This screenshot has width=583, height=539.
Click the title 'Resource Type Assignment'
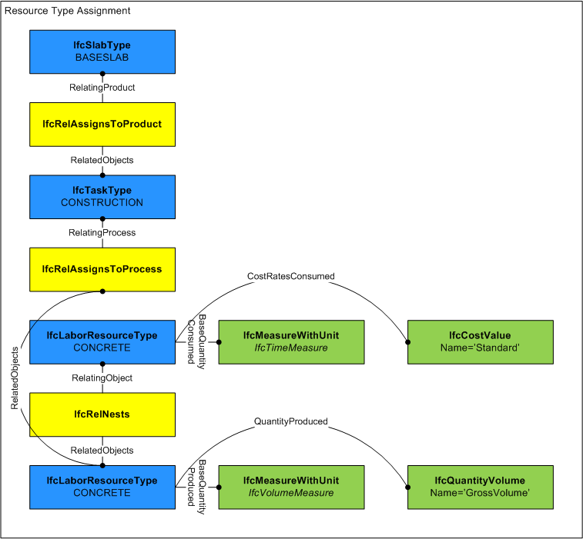click(x=68, y=12)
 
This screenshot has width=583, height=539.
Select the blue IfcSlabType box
click(x=102, y=52)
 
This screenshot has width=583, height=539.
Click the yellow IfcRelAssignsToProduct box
click(x=102, y=124)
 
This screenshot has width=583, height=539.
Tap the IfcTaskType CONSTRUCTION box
click(x=102, y=197)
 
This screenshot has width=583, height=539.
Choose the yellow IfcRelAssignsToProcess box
click(x=102, y=269)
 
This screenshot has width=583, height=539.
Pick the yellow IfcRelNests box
click(x=102, y=414)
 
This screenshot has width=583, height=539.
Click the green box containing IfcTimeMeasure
click(x=291, y=341)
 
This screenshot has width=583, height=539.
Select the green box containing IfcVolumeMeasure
click(x=291, y=487)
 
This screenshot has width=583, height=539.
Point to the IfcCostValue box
click(x=480, y=341)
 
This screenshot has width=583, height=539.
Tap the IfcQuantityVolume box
click(x=480, y=487)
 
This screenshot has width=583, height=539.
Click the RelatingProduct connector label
click(x=102, y=88)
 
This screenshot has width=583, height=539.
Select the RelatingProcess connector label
click(x=102, y=232)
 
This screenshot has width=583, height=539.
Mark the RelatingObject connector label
click(x=102, y=378)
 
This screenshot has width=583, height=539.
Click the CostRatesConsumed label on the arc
click(x=291, y=275)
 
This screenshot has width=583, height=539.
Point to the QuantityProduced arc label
click(x=291, y=421)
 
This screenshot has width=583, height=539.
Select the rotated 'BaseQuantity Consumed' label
click(x=198, y=339)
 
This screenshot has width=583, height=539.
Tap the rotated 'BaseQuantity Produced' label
click(x=198, y=484)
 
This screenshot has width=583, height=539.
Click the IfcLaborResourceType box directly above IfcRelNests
click(x=102, y=341)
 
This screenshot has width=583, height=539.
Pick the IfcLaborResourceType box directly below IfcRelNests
click(x=102, y=487)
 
